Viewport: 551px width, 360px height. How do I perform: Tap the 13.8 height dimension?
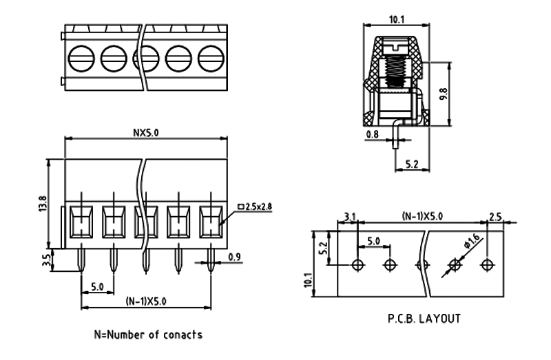[41, 204]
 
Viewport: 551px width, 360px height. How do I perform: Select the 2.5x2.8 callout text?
[254, 207]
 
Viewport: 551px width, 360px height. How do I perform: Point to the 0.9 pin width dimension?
[235, 257]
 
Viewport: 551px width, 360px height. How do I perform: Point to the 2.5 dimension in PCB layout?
[494, 218]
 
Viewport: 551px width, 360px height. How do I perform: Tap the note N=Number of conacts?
[148, 335]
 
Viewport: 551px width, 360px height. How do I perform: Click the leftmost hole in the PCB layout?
[357, 265]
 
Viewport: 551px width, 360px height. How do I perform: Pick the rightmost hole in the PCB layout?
[488, 265]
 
